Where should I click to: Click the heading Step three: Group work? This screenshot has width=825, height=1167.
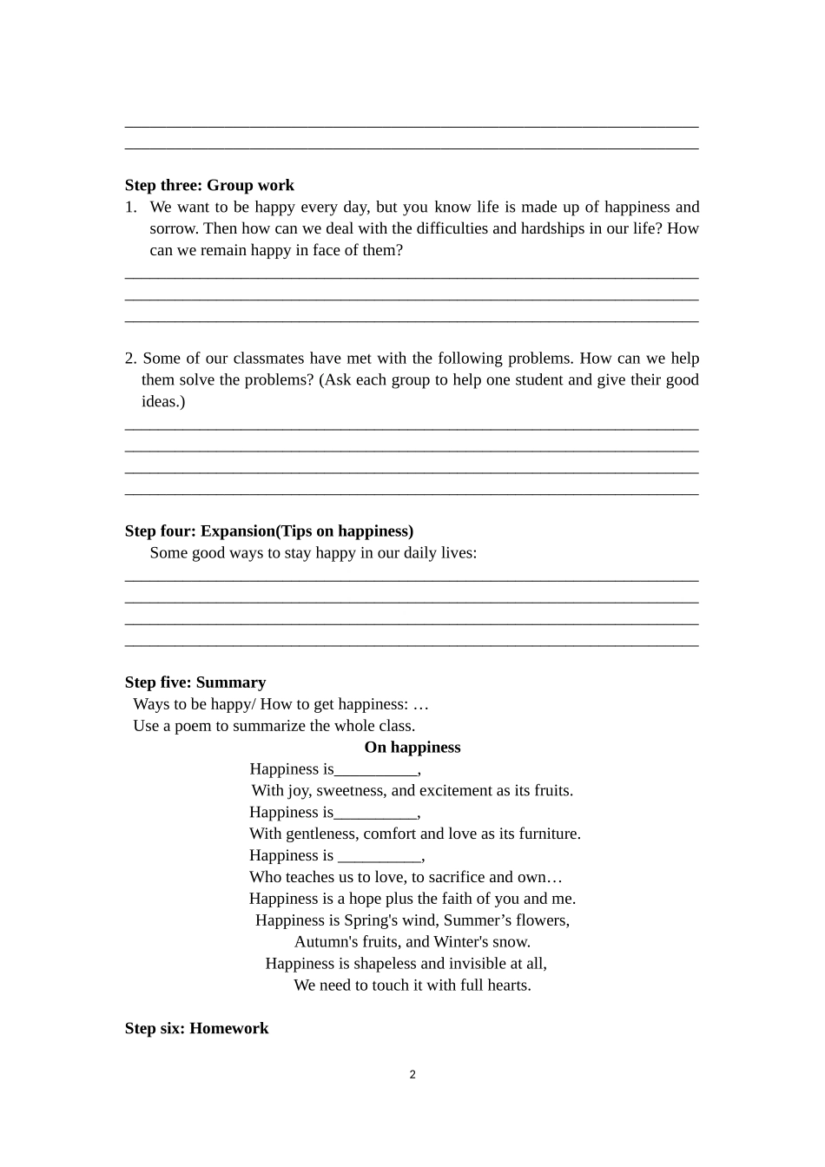[x=209, y=185]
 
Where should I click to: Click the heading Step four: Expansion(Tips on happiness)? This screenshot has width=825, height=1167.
[x=269, y=531]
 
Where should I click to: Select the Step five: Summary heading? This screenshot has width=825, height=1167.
[x=195, y=682]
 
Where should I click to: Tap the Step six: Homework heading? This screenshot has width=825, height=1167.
[x=196, y=1028]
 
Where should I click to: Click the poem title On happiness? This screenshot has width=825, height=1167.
[x=412, y=748]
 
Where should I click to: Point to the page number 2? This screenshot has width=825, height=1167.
[x=412, y=1075]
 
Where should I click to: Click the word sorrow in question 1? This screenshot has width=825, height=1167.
[x=172, y=228]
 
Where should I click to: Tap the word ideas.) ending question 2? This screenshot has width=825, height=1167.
[x=163, y=402]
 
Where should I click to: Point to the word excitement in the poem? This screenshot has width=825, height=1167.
[x=456, y=791]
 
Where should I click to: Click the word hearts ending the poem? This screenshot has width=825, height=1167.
[x=508, y=986]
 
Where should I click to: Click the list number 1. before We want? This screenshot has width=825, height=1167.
[x=131, y=208]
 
